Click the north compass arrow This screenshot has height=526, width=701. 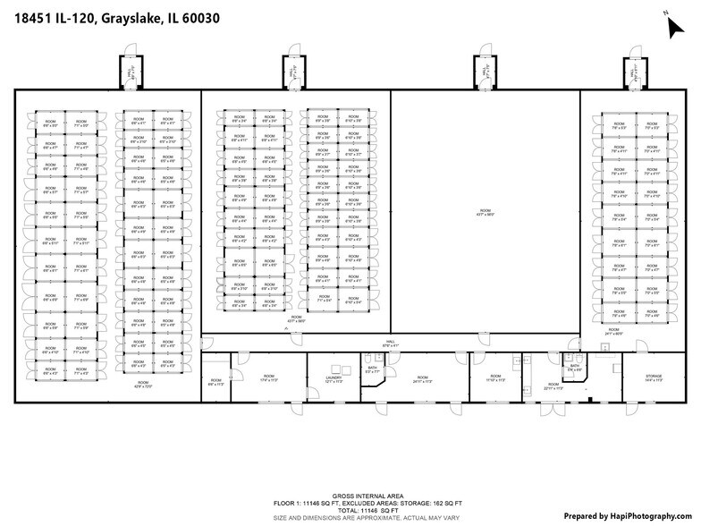pyautogui.click(x=674, y=26)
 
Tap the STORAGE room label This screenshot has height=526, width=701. pyautogui.click(x=654, y=379)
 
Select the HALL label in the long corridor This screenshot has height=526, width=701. pyautogui.click(x=390, y=343)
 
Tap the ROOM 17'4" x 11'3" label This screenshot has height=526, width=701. pyautogui.click(x=269, y=378)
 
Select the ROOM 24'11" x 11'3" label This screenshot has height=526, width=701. pyautogui.click(x=422, y=379)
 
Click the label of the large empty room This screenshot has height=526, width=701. pyautogui.click(x=484, y=214)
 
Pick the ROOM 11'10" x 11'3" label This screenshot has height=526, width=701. pyautogui.click(x=495, y=378)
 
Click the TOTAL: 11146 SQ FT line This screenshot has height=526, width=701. pyautogui.click(x=350, y=510)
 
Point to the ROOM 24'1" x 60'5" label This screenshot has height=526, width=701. pyautogui.click(x=613, y=332)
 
